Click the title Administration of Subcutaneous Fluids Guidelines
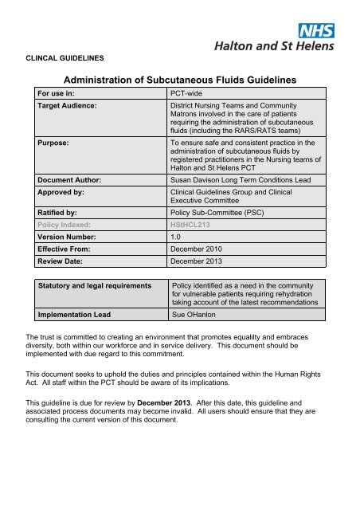(x=180, y=81)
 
